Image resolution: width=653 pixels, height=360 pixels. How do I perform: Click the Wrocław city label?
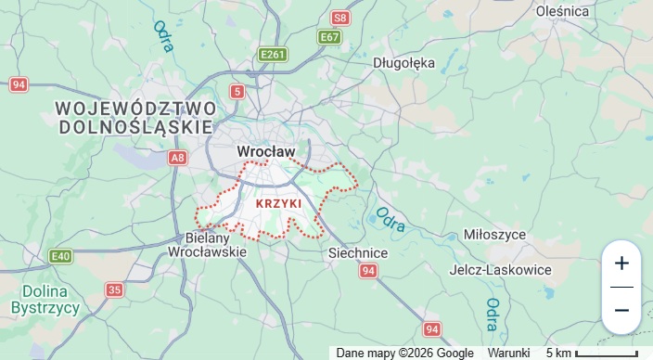pyautogui.click(x=265, y=150)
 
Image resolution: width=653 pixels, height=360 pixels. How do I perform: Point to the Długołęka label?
pyautogui.click(x=403, y=63)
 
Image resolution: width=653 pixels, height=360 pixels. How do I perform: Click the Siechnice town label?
pyautogui.click(x=358, y=252)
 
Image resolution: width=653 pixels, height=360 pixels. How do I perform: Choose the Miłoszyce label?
pyautogui.click(x=520, y=235)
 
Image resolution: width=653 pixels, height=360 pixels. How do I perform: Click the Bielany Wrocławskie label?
pyautogui.click(x=208, y=244)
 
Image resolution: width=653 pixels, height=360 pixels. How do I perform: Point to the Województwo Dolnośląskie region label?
pyautogui.click(x=135, y=116)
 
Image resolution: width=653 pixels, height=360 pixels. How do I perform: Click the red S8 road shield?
pyautogui.click(x=341, y=18)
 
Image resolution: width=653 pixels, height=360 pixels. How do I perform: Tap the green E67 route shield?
pyautogui.click(x=329, y=37)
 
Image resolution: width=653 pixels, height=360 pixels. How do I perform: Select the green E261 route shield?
pyautogui.click(x=273, y=56)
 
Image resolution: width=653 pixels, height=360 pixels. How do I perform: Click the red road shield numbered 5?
pyautogui.click(x=238, y=91)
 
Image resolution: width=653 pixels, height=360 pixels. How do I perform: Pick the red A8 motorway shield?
pyautogui.click(x=178, y=158)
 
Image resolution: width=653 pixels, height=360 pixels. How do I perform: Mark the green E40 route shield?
pyautogui.click(x=61, y=256)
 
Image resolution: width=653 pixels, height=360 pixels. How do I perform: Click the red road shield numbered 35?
pyautogui.click(x=114, y=290)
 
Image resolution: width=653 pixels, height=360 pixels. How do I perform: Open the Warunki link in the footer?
pyautogui.click(x=509, y=353)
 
